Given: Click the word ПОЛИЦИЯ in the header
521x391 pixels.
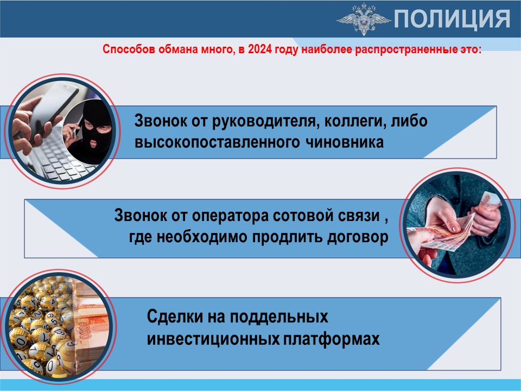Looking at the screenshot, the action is point(452,19).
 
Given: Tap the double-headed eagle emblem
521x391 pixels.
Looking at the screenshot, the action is point(364,18).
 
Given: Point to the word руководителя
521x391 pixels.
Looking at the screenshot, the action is point(262,121).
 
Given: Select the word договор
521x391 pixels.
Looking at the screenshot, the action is point(358,237).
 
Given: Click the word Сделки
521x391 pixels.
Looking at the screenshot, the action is point(175,316).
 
